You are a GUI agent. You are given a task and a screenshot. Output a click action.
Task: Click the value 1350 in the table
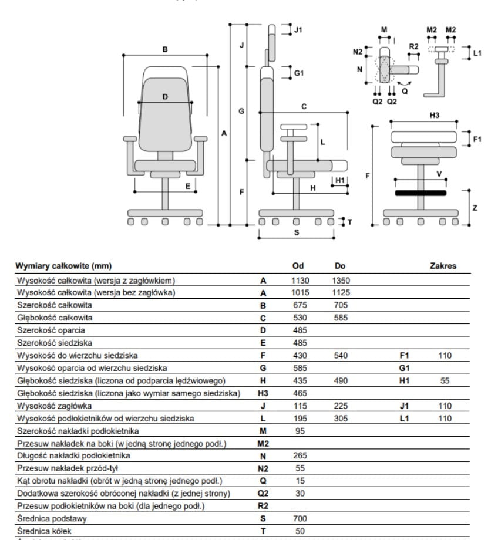341,281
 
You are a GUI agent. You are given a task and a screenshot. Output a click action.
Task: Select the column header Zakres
443,266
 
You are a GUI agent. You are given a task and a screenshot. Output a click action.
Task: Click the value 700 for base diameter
300,518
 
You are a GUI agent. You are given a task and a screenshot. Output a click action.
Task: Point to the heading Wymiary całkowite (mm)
63,266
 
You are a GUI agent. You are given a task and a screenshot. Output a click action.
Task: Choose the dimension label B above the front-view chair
165,49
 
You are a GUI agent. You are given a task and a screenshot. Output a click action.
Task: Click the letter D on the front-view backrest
165,97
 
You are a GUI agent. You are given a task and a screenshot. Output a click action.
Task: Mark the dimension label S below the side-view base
297,232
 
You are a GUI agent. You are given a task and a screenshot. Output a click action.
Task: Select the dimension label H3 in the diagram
434,116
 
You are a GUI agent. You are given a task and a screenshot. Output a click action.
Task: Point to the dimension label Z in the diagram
475,208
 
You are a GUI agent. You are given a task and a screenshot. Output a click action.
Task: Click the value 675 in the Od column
300,305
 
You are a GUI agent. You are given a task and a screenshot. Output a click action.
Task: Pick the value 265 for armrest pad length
300,455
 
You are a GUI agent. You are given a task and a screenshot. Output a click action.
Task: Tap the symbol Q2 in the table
263,494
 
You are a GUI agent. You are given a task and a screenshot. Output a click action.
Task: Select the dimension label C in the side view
304,106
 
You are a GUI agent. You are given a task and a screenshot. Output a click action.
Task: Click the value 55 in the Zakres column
445,381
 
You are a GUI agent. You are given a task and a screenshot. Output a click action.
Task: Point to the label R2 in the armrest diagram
413,46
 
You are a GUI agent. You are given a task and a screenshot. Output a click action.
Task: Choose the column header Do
340,266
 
